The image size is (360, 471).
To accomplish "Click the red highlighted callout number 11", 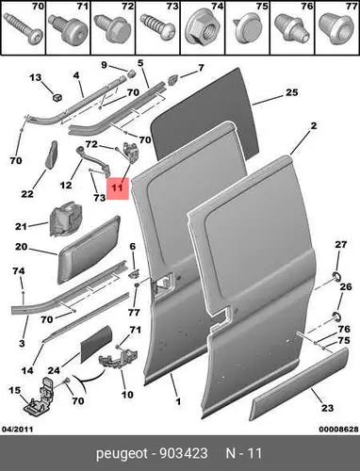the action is point(118,188).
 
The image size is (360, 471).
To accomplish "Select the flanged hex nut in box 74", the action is point(202,29).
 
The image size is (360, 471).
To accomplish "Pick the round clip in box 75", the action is point(247,29).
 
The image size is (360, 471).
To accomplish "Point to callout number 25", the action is point(291,92).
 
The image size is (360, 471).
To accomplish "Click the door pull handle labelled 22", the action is point(52,154).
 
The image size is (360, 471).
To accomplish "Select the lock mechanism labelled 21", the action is point(66,219).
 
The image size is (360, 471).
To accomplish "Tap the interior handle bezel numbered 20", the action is point(89,249).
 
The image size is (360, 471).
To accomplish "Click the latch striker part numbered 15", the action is point(40,397).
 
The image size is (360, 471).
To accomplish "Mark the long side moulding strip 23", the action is point(299,383).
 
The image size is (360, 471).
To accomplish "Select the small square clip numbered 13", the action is point(57,98).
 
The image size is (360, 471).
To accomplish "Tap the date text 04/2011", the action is point(18,429).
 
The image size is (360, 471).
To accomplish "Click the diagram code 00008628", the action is point(338,429).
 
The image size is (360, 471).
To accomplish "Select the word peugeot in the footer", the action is point(122,454).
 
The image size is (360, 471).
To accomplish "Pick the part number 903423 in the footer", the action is point(184,453).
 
